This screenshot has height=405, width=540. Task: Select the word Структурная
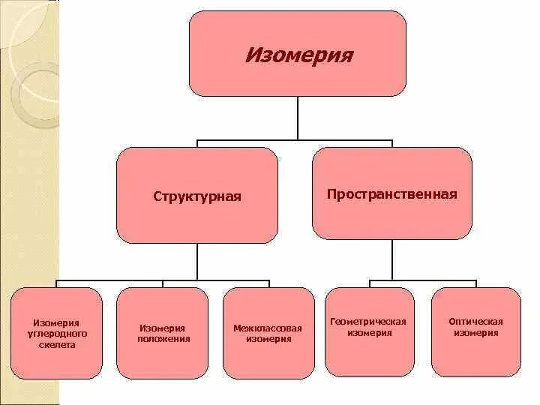(197, 196)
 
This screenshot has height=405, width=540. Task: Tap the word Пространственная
(391, 194)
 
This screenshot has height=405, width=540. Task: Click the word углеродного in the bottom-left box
(57, 333)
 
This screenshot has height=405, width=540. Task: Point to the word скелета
(57, 345)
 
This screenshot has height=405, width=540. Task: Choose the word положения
(163, 339)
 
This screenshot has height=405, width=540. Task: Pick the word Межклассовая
(268, 328)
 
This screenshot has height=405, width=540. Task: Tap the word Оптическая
(476, 322)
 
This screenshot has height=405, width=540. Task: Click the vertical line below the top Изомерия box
(298, 118)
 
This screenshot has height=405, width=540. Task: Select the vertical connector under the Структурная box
(197, 262)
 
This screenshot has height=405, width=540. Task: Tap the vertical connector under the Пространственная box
(391, 260)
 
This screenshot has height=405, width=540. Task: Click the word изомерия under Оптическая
(476, 333)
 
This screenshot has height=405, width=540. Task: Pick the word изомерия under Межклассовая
(268, 339)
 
